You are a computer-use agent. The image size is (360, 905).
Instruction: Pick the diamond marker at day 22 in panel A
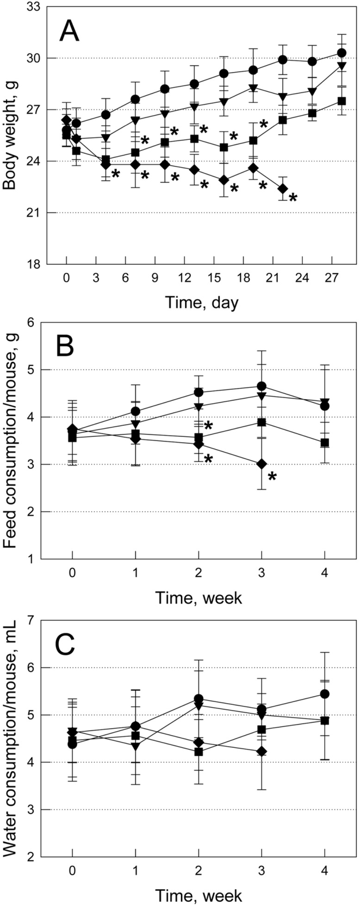[283, 188]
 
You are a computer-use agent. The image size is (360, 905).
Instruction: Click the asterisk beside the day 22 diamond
[293, 199]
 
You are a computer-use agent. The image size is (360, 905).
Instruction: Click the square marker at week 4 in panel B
[325, 443]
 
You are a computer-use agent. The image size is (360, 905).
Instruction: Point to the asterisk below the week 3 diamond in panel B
[273, 477]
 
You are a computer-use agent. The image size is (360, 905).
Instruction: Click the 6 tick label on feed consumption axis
[34, 323]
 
